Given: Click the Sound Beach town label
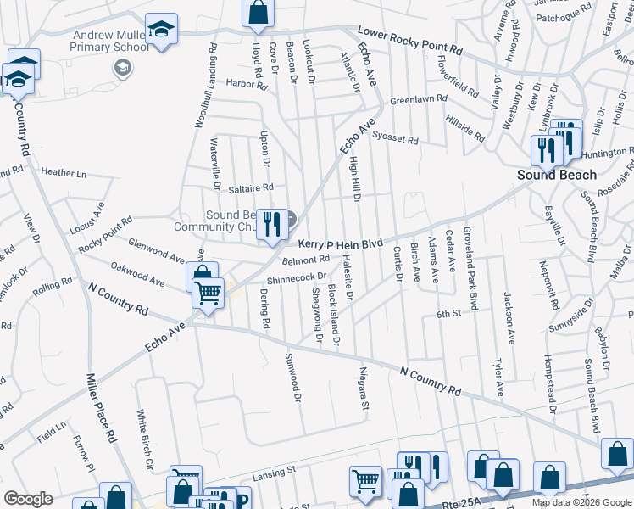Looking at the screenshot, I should (558, 175).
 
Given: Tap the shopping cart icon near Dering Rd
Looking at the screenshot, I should (207, 293).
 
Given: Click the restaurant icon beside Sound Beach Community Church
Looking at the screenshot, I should (270, 224).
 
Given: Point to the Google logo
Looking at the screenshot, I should (28, 499).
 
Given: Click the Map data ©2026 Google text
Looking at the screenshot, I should (581, 502).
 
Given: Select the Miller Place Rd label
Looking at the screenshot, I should (101, 407).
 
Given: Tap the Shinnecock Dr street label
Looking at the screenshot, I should (297, 277).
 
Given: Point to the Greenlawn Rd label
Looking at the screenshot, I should (418, 99).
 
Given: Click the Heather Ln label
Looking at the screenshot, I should (64, 172).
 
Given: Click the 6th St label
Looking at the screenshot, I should (448, 314).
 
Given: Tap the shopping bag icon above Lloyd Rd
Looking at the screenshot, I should (259, 12).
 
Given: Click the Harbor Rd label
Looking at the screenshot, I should (247, 83).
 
